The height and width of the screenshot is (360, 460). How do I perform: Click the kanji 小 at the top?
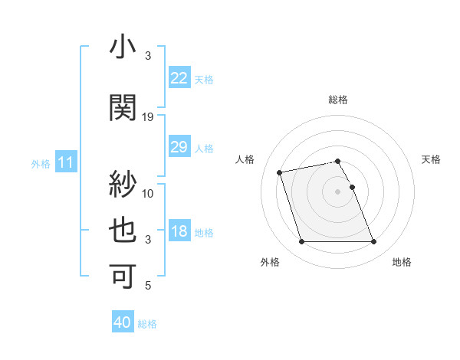pos(123,48)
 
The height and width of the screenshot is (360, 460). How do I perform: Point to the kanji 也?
pos(123,231)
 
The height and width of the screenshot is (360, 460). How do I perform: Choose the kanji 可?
pos(123,277)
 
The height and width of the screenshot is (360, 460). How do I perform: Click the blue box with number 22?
pos(179,77)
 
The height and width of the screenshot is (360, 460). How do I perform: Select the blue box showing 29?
pos(179,147)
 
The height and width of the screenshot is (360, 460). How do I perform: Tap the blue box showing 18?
pos(179,231)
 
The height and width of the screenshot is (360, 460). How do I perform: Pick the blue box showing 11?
pos(66,162)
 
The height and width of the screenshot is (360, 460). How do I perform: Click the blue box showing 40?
pos(123,322)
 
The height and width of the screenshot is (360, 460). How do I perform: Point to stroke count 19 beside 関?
pos(148,116)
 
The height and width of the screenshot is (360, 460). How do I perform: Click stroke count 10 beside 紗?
pos(148,193)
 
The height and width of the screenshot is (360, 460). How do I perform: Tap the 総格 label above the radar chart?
pos(338,100)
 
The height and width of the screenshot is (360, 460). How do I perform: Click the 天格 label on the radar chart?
pos(431,159)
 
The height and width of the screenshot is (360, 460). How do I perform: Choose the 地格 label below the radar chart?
pos(402,262)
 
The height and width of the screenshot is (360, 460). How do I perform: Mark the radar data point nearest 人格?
pos(280,172)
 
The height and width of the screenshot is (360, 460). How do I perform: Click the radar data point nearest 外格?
pos(301,242)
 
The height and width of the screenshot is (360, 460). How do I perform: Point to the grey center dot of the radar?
pos(338,191)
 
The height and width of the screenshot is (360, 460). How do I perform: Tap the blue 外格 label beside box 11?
pos(41,163)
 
